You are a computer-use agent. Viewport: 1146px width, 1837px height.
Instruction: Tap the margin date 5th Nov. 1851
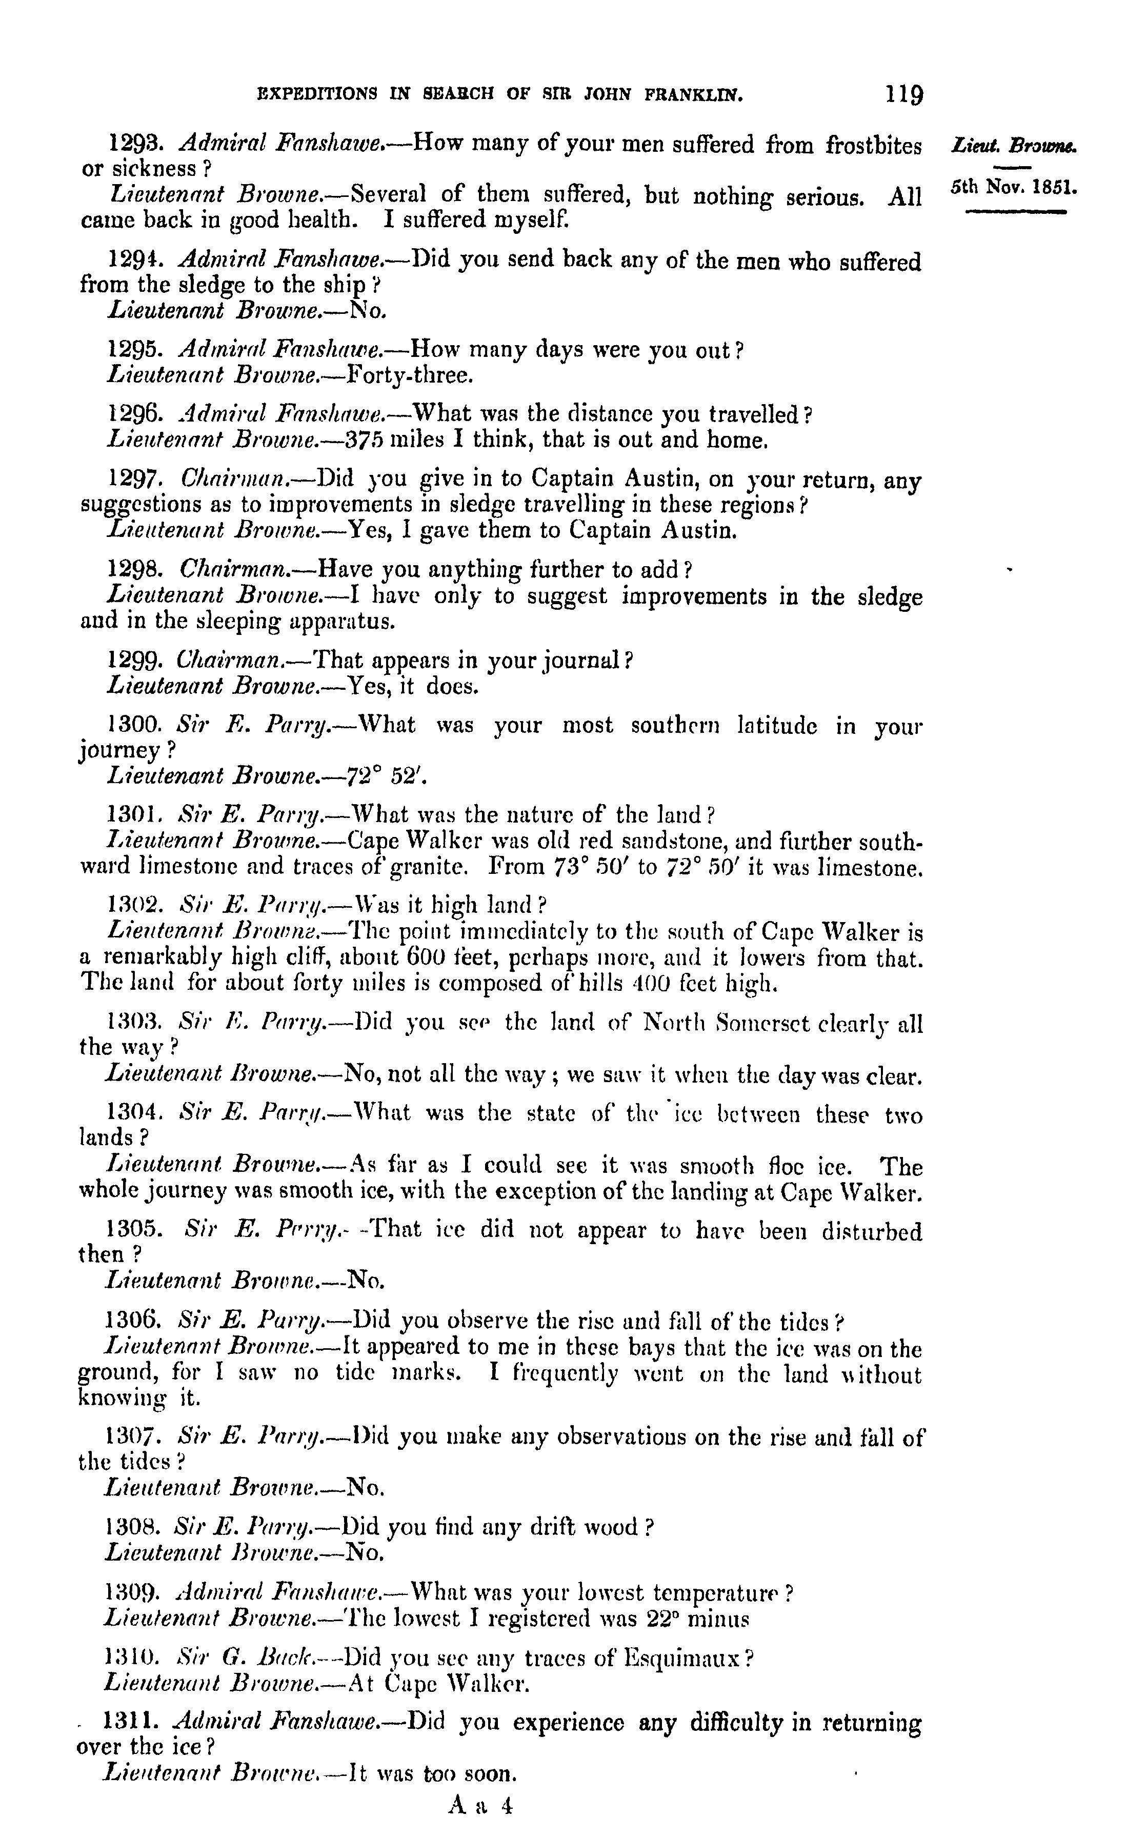pos(1013,187)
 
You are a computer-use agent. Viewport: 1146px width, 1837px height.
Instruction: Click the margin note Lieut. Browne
pos(1014,144)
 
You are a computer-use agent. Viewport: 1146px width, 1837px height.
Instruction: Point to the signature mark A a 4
pos(480,1806)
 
